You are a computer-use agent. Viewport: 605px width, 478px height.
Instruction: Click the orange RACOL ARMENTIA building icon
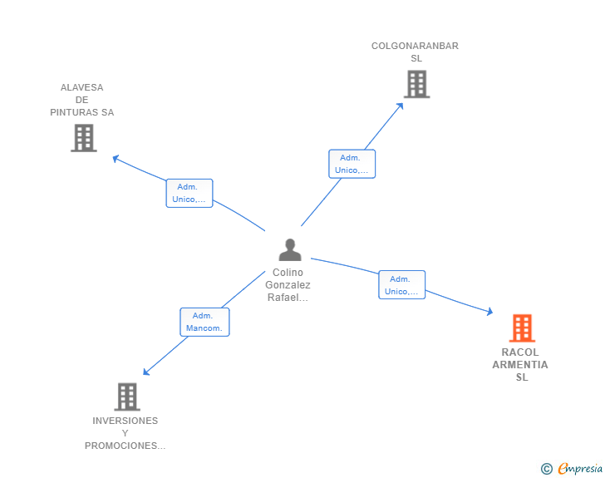522,328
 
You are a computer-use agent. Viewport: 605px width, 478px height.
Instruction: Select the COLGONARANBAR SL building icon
416,84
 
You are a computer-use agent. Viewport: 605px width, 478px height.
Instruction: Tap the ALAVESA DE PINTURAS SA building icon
84,138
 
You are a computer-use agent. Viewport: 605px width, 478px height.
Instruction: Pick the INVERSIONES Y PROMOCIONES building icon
127,397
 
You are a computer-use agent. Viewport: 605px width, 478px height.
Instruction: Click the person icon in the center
290,250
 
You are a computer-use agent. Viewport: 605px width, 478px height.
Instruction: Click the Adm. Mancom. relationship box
204,322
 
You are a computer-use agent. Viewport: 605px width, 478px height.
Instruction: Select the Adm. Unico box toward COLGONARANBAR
352,164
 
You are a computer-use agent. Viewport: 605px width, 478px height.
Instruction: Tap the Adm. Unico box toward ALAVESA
189,193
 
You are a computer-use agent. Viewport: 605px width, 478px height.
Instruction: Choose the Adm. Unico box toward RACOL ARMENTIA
401,284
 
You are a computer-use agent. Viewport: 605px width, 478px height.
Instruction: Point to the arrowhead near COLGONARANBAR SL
400,106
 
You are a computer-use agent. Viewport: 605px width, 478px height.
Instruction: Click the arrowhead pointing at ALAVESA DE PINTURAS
116,158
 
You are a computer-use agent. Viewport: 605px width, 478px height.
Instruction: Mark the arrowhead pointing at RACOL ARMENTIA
490,311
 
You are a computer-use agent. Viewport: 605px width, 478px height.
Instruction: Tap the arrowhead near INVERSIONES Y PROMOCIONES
146,372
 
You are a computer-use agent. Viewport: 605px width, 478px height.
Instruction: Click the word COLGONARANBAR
415,46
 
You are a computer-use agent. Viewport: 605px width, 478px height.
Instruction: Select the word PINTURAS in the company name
75,112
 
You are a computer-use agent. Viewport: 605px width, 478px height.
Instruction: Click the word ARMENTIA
520,365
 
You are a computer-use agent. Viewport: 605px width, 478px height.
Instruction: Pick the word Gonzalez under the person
288,285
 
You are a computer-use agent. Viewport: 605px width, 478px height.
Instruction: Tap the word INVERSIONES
125,421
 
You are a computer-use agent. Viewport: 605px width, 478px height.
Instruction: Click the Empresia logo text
580,468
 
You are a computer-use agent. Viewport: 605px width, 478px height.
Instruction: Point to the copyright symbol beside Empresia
547,469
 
